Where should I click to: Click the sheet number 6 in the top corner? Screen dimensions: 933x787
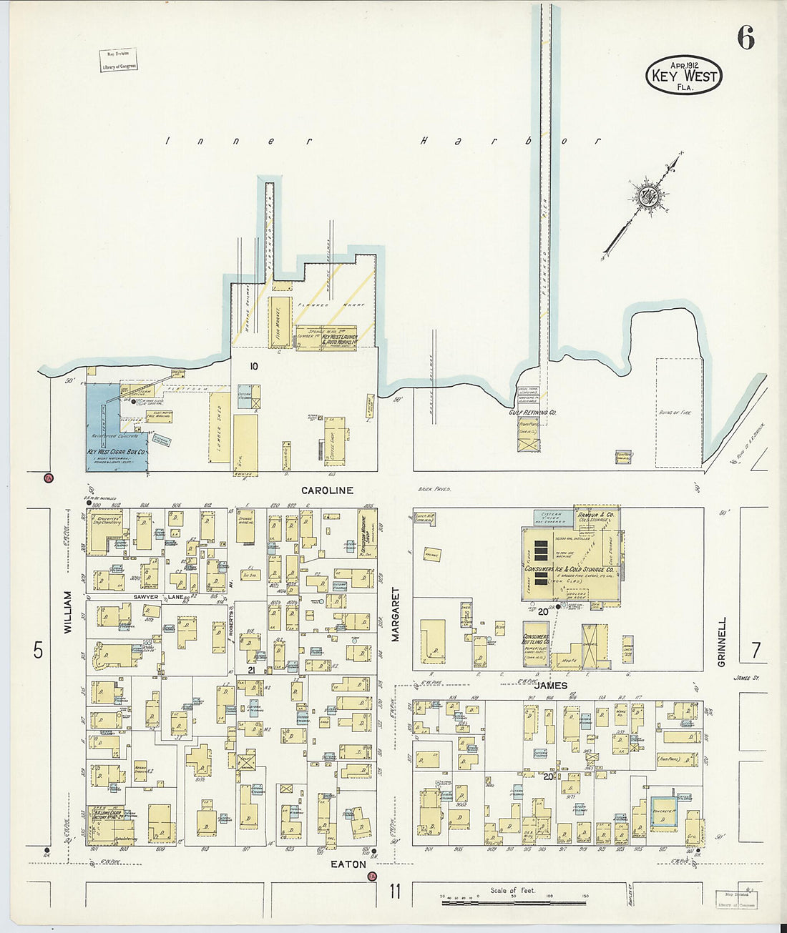click(746, 38)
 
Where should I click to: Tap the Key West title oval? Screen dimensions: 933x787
click(683, 75)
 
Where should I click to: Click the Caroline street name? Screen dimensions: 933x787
click(327, 490)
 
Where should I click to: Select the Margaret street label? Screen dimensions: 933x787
click(395, 615)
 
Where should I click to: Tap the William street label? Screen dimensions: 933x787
click(69, 612)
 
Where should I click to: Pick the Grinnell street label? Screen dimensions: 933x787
click(722, 642)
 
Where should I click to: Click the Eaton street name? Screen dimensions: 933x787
click(348, 864)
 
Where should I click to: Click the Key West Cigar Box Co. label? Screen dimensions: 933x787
click(117, 453)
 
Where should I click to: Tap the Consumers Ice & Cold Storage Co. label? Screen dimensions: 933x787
click(570, 569)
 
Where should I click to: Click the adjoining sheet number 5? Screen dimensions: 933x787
click(38, 651)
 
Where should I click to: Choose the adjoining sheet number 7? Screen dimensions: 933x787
click(756, 651)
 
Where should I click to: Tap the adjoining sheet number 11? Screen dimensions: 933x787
click(395, 892)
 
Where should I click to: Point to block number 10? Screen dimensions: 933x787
click(253, 367)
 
